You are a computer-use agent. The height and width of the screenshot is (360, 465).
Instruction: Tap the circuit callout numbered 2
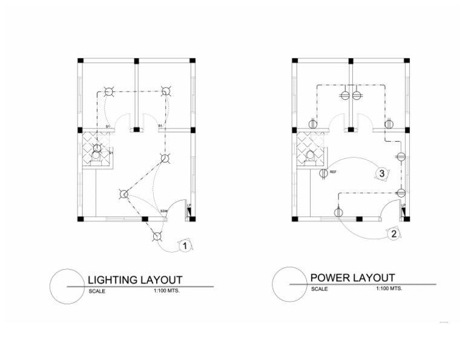(x=394, y=234)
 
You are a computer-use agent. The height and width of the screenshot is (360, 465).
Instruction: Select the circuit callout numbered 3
(x=381, y=173)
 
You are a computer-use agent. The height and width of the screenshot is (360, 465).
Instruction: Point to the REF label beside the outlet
(x=333, y=172)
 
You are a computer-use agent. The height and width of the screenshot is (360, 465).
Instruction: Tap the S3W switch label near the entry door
(x=163, y=211)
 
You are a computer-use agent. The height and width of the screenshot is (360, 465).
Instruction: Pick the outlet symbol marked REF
(x=324, y=173)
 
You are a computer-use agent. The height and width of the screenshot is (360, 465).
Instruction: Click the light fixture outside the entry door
(x=157, y=236)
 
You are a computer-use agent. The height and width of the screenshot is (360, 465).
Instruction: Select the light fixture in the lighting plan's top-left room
(x=108, y=92)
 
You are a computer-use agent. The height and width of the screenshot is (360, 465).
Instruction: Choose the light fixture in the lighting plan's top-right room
(x=165, y=92)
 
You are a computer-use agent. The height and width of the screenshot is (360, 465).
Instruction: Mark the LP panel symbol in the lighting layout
(x=189, y=207)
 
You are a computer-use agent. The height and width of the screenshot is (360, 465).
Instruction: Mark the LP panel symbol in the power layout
(x=403, y=207)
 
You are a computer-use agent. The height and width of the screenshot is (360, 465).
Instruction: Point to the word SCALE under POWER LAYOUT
(x=319, y=289)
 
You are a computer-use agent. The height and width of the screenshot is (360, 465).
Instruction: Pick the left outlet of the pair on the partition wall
(x=345, y=96)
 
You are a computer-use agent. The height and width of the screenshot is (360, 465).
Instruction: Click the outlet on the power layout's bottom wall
(x=338, y=212)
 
